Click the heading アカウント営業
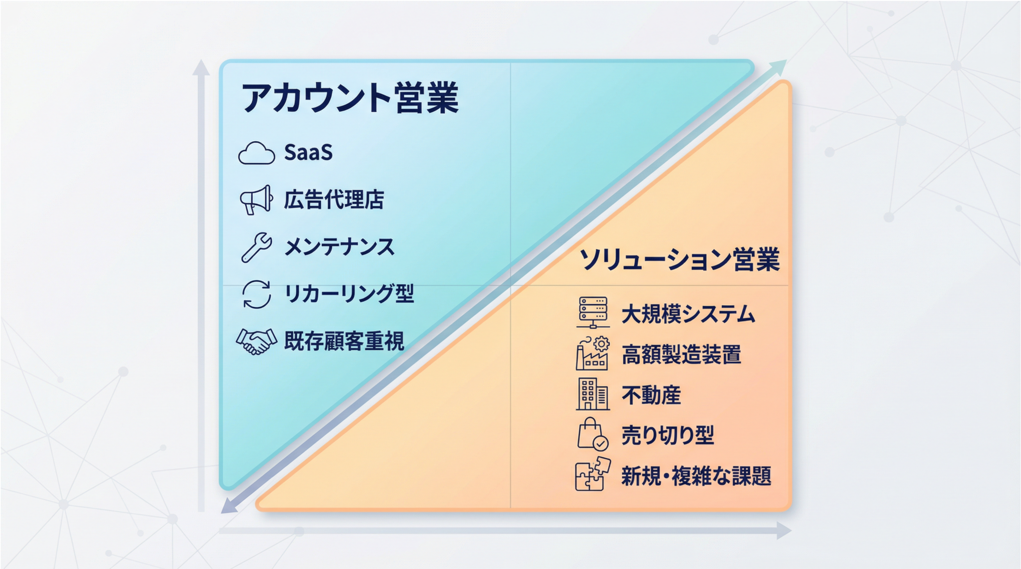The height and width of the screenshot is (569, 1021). pyautogui.click(x=350, y=97)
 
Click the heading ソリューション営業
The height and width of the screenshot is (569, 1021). pyautogui.click(x=679, y=260)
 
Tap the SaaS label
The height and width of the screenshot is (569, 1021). pyautogui.click(x=308, y=152)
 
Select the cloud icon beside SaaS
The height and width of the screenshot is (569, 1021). pyautogui.click(x=256, y=153)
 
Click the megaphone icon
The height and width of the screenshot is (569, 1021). pyautogui.click(x=256, y=200)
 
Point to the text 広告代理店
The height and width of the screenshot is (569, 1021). pyautogui.click(x=334, y=200)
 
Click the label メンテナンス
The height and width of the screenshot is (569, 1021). pyautogui.click(x=339, y=247)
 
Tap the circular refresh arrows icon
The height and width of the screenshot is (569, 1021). pyautogui.click(x=256, y=294)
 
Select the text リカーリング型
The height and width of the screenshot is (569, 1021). pyautogui.click(x=349, y=294)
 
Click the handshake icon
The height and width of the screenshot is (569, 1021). pyautogui.click(x=256, y=341)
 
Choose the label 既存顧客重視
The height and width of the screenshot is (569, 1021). pyautogui.click(x=344, y=341)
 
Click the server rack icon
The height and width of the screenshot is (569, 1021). pyautogui.click(x=593, y=313)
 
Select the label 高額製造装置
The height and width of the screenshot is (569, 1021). pyautogui.click(x=681, y=355)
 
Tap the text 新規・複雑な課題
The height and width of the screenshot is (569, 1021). pyautogui.click(x=696, y=476)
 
